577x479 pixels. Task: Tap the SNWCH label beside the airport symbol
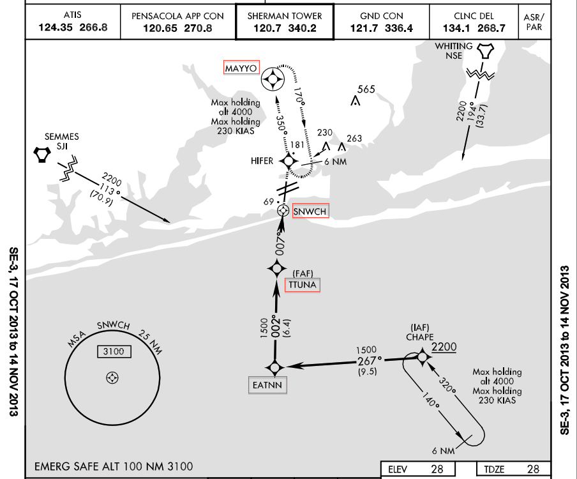(x=310, y=211)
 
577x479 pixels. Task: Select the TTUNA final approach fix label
(x=303, y=285)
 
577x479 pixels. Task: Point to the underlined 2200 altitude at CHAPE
(x=445, y=346)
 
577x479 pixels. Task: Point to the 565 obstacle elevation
(x=366, y=89)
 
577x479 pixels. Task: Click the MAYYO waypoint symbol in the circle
(x=274, y=79)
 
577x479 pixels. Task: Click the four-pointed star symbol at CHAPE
(x=421, y=356)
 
